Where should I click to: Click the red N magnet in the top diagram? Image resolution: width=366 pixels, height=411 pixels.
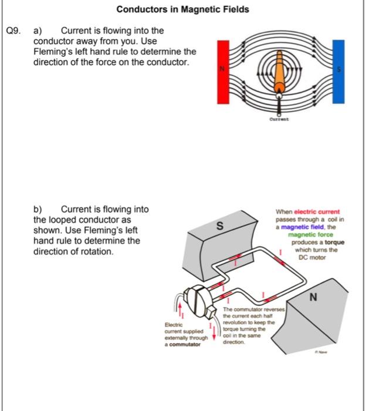click(x=222, y=69)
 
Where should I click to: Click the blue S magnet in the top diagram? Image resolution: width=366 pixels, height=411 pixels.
click(x=338, y=69)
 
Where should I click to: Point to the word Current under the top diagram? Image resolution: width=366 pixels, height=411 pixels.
click(x=279, y=119)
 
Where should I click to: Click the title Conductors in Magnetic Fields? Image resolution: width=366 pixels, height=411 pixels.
click(x=182, y=9)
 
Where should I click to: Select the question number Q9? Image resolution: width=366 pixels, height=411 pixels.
click(x=13, y=30)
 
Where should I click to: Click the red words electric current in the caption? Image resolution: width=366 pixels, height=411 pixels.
click(x=317, y=212)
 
